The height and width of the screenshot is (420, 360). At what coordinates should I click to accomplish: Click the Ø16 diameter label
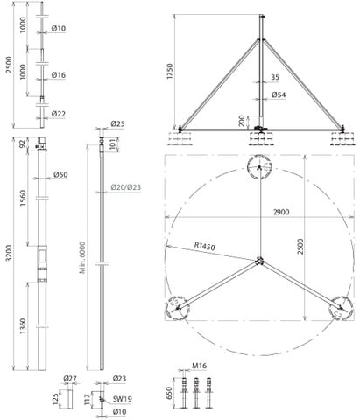click(59, 75)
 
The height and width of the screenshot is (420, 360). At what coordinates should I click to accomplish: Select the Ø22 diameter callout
click(59, 114)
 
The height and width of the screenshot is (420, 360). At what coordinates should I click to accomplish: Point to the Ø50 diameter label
click(61, 175)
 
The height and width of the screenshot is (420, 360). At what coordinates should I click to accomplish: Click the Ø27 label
click(69, 378)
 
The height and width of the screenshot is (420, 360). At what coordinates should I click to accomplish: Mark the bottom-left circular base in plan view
click(179, 307)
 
